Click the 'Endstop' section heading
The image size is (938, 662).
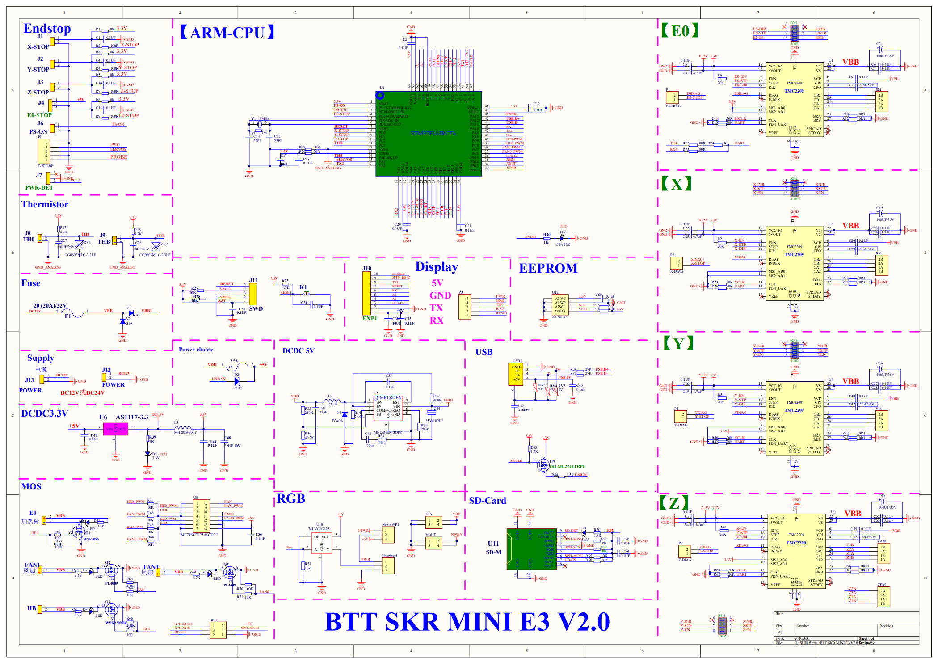[47, 29]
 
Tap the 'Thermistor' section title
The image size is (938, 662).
[45, 204]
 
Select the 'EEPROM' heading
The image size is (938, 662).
[548, 268]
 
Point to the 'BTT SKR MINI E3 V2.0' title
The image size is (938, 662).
[467, 621]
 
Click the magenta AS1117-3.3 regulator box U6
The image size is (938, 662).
[115, 429]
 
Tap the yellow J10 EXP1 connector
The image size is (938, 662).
[366, 293]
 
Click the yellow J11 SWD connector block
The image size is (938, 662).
[253, 294]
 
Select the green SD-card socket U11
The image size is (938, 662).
[531, 549]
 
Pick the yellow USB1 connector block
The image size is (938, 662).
[516, 374]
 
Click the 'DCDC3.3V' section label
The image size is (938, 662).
[45, 413]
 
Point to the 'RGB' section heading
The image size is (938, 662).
[290, 498]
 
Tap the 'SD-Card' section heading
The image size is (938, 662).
[488, 501]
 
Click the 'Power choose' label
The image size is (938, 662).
[196, 350]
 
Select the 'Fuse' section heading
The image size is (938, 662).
[31, 283]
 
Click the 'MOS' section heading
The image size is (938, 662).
[31, 486]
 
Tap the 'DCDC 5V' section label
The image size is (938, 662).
[298, 350]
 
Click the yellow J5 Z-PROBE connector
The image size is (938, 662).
[44, 151]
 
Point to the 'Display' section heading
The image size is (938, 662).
[437, 267]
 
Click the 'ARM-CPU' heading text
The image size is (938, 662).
[227, 33]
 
